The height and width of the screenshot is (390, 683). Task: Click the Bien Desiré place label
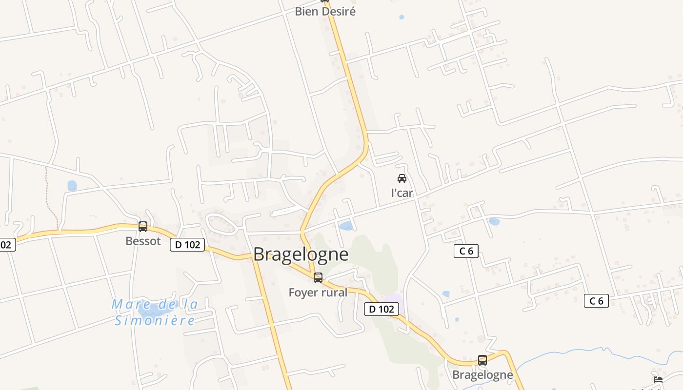tap(325, 11)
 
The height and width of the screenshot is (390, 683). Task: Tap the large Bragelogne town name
tap(301, 254)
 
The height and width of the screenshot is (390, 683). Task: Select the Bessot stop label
tap(143, 241)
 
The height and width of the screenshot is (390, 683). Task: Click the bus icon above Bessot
tap(143, 226)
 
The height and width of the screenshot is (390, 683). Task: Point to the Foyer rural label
tap(318, 292)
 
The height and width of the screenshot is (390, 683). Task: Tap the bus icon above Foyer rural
tap(318, 278)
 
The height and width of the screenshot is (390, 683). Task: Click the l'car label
tap(402, 193)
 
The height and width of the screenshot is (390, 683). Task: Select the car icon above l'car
tap(402, 178)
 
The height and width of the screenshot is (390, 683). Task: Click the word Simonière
tap(155, 320)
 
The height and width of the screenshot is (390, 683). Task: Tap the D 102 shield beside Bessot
tap(187, 245)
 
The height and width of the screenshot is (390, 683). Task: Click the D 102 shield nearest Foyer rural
tap(382, 309)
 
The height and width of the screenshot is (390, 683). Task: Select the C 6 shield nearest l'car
tap(466, 251)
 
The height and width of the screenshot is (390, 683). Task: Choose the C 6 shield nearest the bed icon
tap(596, 301)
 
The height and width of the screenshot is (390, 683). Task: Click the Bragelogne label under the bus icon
tap(482, 374)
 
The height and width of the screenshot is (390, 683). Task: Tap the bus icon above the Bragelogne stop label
tap(482, 360)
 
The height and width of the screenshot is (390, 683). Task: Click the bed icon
tap(658, 379)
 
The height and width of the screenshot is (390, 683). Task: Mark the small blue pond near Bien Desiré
tap(402, 17)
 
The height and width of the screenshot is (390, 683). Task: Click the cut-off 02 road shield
tap(7, 245)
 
